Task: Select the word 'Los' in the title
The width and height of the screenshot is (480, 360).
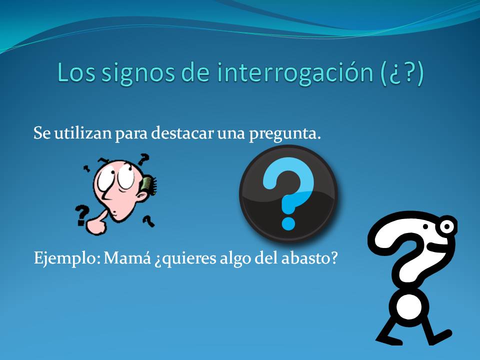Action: coord(75,73)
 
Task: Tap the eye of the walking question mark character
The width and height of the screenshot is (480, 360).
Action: coord(447,227)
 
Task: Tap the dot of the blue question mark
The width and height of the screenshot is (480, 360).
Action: coord(288,220)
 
